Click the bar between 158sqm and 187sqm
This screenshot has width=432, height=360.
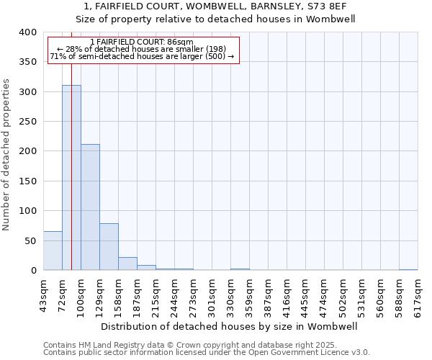pos(127,264)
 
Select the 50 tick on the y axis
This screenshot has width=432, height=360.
pos(30,240)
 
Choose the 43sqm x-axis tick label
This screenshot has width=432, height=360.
pos(43,294)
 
